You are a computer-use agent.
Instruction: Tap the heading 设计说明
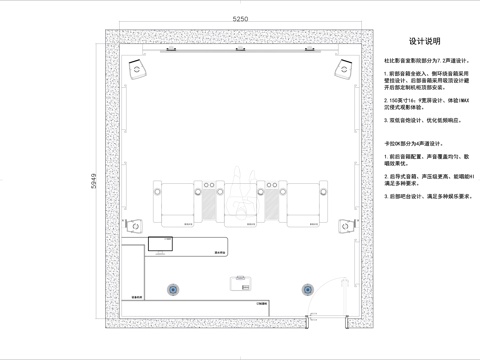coord(424,42)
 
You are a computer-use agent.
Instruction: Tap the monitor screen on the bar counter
coord(160,243)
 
